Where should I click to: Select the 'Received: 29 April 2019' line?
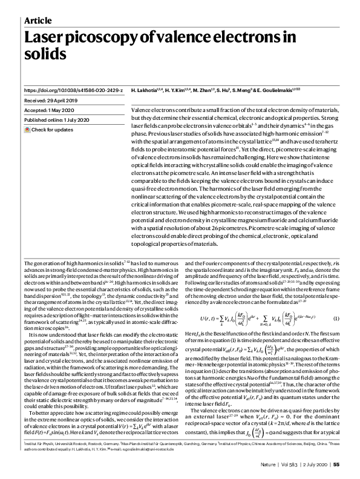(x=53, y=100)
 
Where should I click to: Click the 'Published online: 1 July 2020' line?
(x=59, y=121)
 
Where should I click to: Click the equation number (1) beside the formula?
(x=336, y=335)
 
